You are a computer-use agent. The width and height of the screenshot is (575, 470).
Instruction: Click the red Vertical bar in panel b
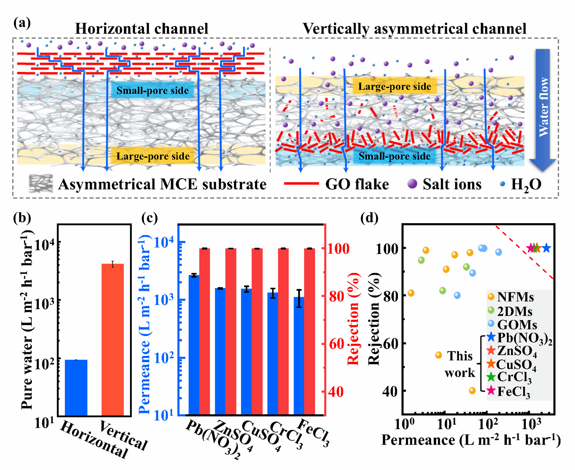click(113, 339)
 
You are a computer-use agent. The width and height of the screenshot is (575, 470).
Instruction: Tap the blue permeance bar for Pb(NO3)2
click(194, 345)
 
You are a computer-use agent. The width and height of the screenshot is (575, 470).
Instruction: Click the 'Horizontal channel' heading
click(141, 29)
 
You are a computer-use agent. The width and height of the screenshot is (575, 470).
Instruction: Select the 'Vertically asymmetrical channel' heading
click(414, 29)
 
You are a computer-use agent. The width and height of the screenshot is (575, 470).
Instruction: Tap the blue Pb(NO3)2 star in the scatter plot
click(546, 248)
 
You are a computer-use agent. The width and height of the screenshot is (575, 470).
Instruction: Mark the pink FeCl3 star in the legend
click(491, 391)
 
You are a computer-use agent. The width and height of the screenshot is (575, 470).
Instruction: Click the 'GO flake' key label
click(357, 184)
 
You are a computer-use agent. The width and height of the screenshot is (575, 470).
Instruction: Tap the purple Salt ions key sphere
click(412, 184)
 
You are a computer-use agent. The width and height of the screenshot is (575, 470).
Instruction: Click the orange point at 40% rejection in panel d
click(472, 391)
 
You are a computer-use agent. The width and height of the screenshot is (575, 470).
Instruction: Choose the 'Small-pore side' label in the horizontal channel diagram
click(152, 91)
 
